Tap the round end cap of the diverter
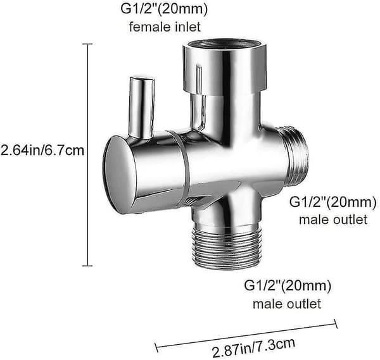click(x=119, y=175)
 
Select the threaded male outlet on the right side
click(x=296, y=157)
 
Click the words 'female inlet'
click(x=165, y=27)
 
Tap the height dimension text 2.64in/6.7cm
click(x=42, y=150)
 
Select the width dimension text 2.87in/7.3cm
click(x=253, y=347)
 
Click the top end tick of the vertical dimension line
click(x=87, y=44)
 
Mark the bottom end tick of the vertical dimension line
click(x=87, y=266)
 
